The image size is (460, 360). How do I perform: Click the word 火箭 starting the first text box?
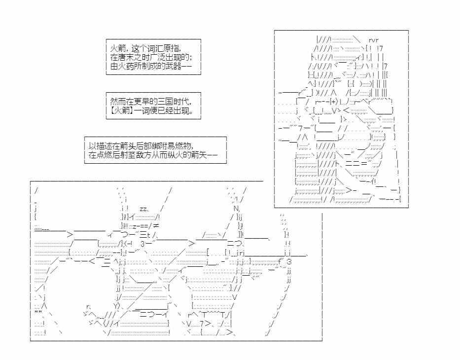tap(117, 48)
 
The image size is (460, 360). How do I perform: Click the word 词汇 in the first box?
tap(153, 48)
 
